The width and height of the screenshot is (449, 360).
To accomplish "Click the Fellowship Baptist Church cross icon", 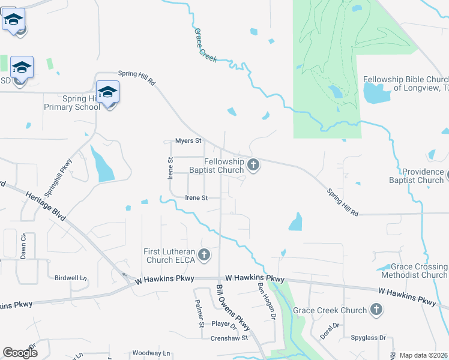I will pyautogui.click(x=253, y=164).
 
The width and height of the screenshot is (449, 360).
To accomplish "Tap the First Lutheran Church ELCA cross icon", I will pyautogui.click(x=204, y=255).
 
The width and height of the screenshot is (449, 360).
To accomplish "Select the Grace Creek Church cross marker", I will pyautogui.click(x=376, y=310).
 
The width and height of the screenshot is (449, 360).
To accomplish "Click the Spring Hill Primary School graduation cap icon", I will pyautogui.click(x=107, y=92).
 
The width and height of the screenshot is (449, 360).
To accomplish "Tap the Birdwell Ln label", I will pyautogui.click(x=71, y=278).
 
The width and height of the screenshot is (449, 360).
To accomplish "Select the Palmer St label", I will pyautogui.click(x=200, y=314).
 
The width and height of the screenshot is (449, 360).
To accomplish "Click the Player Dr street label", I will pyautogui.click(x=224, y=323).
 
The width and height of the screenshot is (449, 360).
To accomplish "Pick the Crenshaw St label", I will pyautogui.click(x=229, y=338).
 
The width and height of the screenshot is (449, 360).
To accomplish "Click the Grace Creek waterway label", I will pyautogui.click(x=205, y=44).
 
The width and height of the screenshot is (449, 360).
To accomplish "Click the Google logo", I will pyautogui.click(x=20, y=352).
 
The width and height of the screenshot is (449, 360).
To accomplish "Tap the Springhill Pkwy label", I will pyautogui.click(x=65, y=170).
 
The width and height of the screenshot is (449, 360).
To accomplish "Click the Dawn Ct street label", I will pyautogui.click(x=23, y=245).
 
